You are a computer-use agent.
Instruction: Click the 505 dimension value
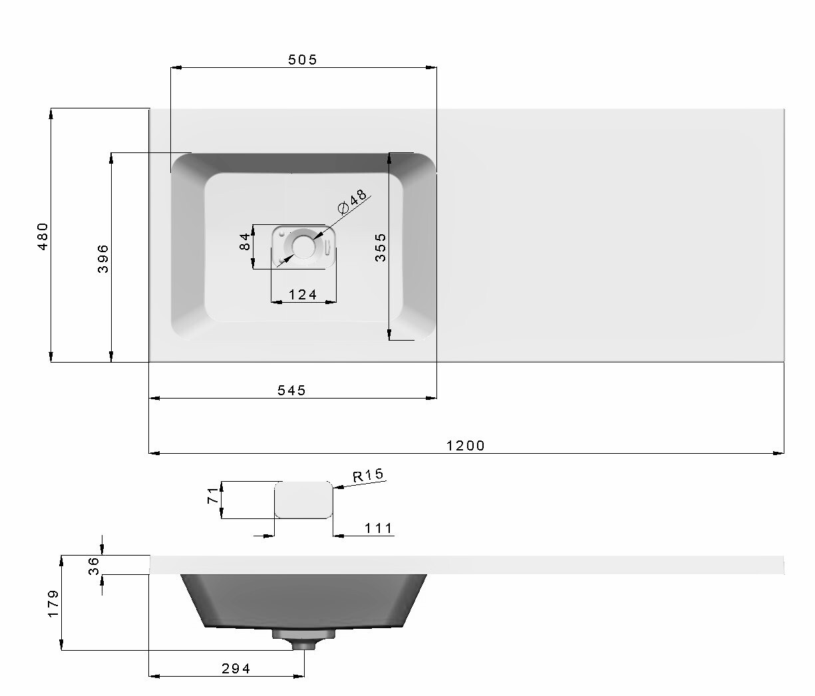coord(303,60)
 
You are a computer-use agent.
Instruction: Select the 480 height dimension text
coord(43,236)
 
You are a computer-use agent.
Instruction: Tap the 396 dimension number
coord(103,259)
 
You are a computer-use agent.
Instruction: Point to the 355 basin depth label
coord(381,248)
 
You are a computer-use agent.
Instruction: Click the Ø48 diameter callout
coord(353,201)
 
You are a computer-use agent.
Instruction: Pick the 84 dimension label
coord(245,242)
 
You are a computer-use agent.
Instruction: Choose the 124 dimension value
coord(303,295)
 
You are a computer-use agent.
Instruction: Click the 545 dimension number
coord(292,391)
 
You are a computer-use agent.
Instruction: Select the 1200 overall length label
coord(466,446)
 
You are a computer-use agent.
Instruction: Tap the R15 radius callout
coord(368,476)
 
